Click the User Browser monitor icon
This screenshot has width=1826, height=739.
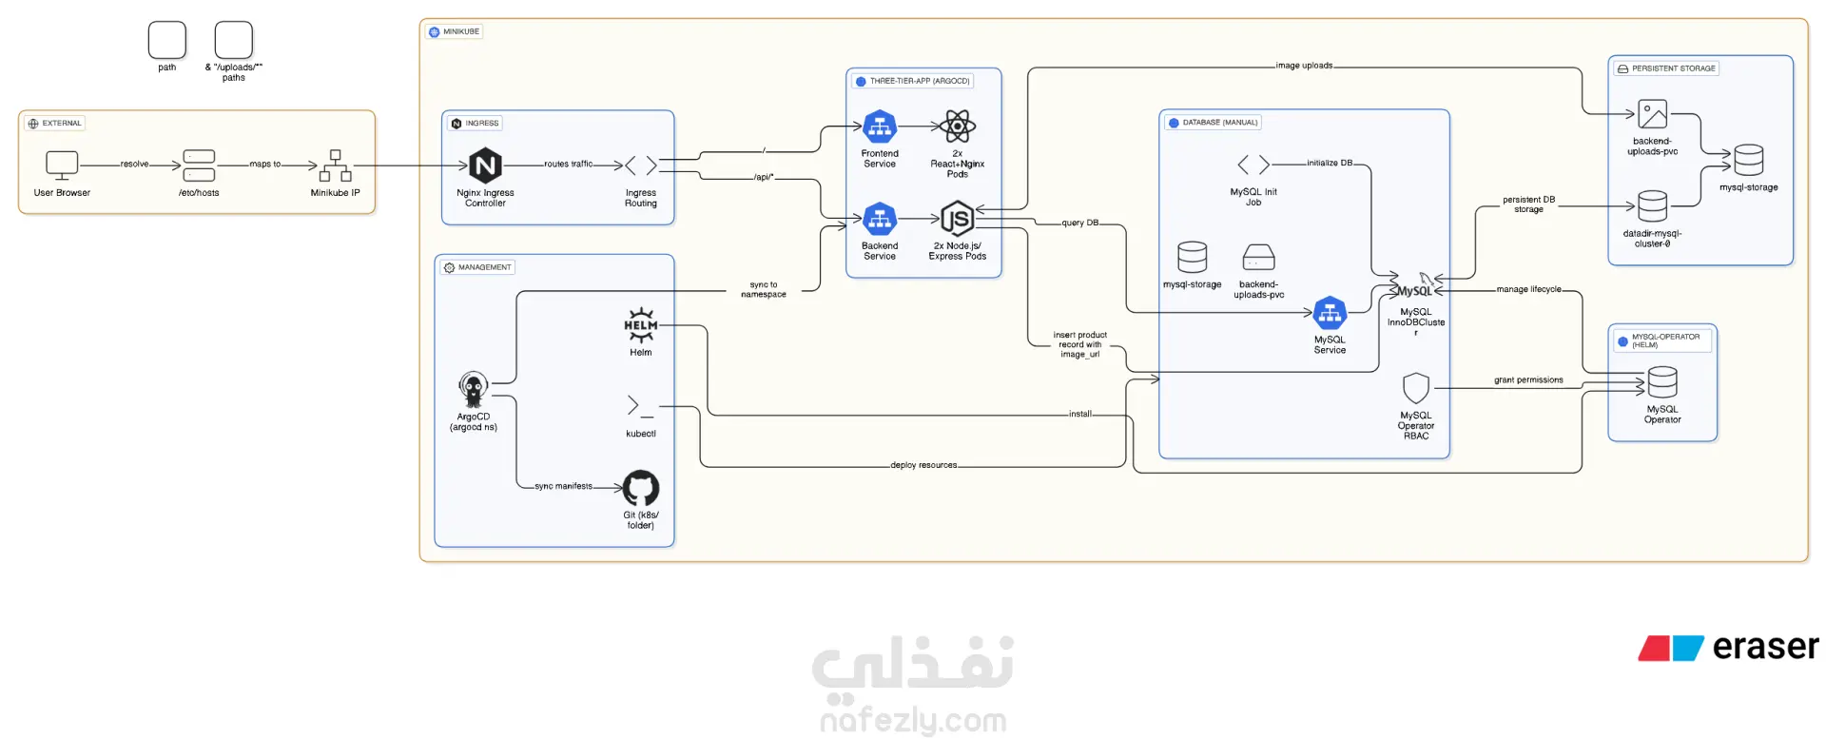click(x=62, y=165)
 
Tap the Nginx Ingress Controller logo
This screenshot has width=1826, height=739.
click(x=485, y=165)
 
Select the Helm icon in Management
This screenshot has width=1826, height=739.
click(x=641, y=325)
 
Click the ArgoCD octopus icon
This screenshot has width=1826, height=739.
click(x=473, y=389)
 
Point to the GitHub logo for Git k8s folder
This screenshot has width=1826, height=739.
click(x=641, y=488)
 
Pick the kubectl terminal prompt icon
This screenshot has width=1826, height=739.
click(x=640, y=407)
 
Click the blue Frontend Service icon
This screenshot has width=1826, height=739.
click(x=880, y=126)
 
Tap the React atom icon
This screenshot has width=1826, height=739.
click(x=958, y=126)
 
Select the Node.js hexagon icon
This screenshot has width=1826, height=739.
click(x=957, y=220)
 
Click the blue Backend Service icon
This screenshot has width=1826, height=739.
click(x=880, y=220)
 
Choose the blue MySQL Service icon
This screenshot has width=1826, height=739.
click(x=1330, y=313)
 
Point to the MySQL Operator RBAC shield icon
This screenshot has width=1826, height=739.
click(x=1416, y=388)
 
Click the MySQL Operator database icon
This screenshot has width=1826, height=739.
click(x=1662, y=382)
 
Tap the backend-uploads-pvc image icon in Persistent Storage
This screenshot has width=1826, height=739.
click(x=1653, y=115)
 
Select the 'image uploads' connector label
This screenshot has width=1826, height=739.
click(x=1304, y=66)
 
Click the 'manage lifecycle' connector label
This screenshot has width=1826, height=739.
click(x=1528, y=289)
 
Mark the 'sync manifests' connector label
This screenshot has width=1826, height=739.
click(x=563, y=486)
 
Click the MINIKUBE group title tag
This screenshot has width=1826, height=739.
click(x=455, y=31)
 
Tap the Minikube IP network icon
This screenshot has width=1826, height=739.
click(x=336, y=165)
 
